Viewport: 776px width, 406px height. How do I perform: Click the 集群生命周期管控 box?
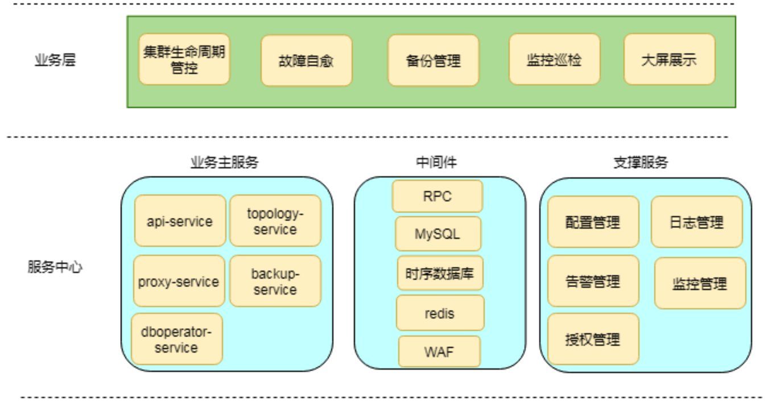[184, 60]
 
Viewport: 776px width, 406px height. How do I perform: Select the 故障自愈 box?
[306, 61]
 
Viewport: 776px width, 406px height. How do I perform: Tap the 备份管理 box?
[433, 61]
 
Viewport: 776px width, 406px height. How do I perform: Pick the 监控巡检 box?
[554, 60]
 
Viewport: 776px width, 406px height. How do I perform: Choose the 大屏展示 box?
[669, 60]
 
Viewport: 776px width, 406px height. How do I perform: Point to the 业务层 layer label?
[55, 60]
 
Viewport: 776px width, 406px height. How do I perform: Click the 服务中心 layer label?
[55, 267]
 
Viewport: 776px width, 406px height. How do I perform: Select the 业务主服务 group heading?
[224, 163]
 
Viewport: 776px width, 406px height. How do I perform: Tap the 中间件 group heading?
[436, 163]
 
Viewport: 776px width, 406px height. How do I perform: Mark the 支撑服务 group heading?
[641, 163]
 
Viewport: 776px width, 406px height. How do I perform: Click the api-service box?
[180, 221]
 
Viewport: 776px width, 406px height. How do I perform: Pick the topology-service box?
[275, 221]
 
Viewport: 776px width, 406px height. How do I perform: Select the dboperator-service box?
[176, 339]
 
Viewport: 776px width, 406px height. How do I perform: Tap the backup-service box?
[275, 281]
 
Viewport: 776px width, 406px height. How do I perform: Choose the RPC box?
[437, 197]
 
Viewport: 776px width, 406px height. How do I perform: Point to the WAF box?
[439, 351]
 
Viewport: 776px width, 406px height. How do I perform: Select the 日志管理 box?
[696, 222]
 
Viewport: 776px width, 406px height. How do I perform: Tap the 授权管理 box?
[593, 339]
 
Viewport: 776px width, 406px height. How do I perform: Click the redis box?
[440, 313]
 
